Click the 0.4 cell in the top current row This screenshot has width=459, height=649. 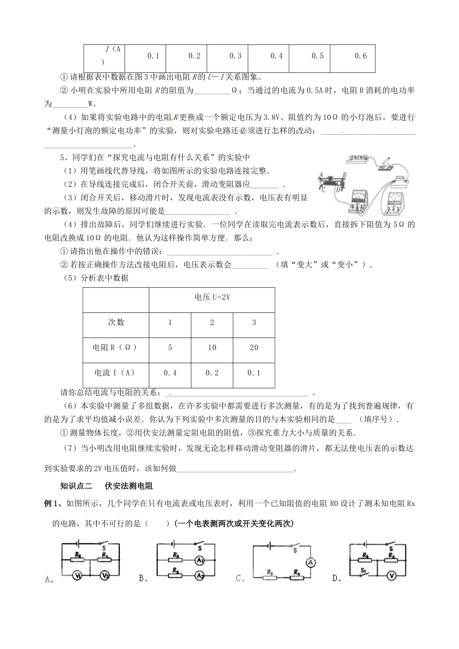coord(276,56)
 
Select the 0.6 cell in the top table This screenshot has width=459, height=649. coord(360,56)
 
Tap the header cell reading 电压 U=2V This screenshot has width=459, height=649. coord(212,297)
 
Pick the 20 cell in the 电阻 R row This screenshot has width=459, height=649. coord(254,347)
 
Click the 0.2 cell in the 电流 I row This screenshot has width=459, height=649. coord(212,372)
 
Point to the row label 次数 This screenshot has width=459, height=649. coord(116,322)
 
